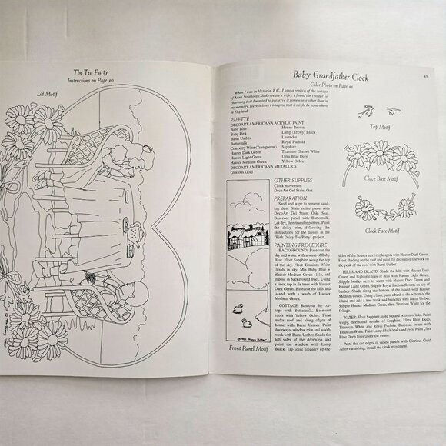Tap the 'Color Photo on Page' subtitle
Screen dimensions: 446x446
[x=339, y=84]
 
